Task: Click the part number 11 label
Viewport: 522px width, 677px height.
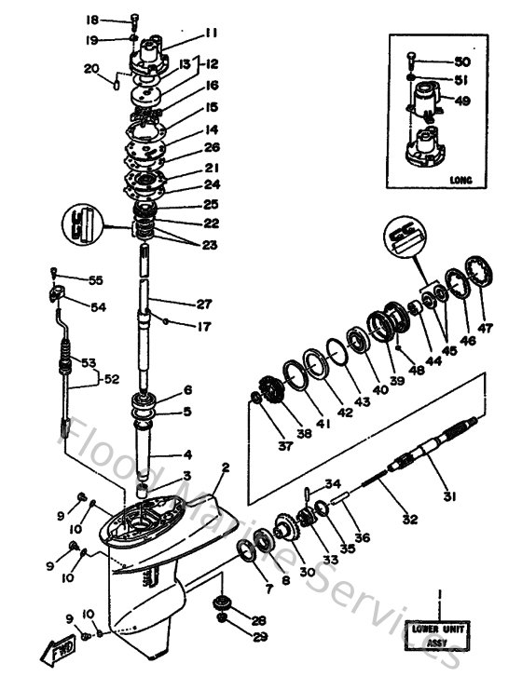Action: pos(212,33)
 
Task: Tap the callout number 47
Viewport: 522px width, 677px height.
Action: pos(485,328)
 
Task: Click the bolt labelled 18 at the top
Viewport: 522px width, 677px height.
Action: pos(133,20)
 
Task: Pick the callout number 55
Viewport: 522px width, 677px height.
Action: pos(95,279)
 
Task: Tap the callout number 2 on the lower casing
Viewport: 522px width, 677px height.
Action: pos(225,467)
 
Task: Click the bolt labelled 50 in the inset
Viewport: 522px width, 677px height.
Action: pos(411,60)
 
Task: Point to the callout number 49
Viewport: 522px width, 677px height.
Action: pos(462,102)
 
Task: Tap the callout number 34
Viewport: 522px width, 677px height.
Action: pos(333,483)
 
